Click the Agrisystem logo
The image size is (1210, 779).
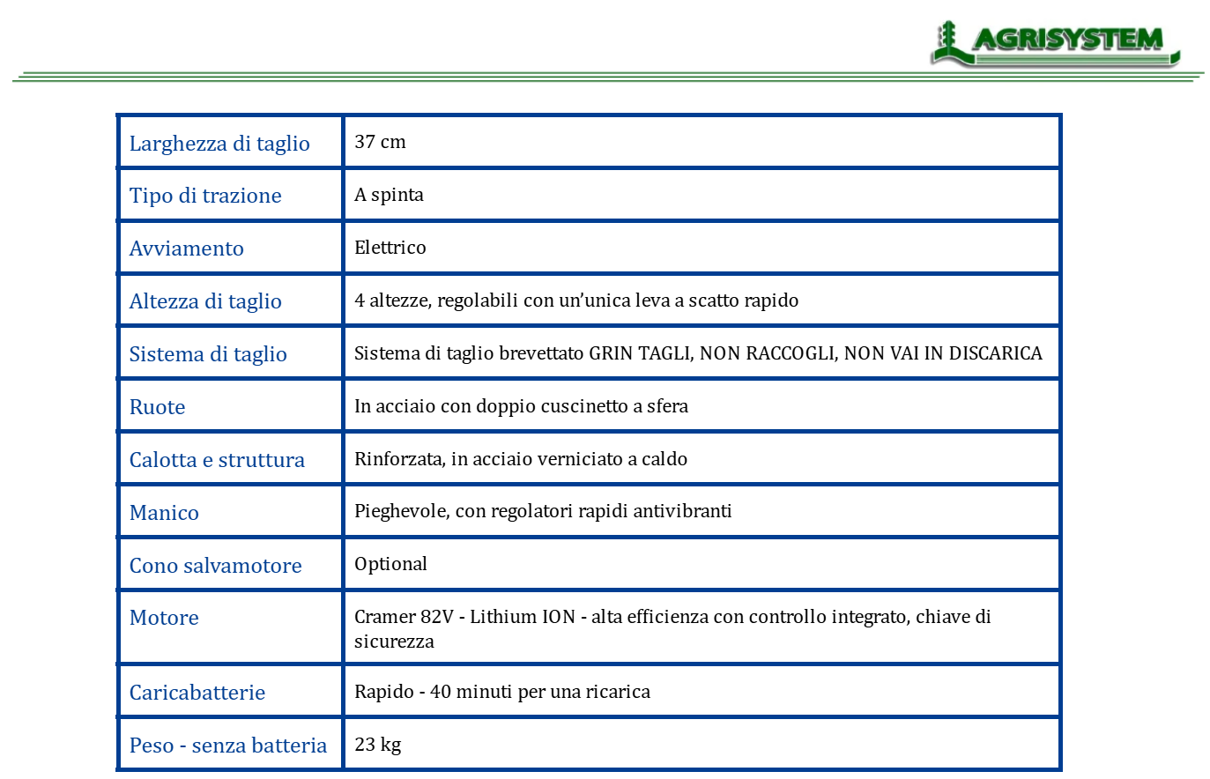click(x=1055, y=42)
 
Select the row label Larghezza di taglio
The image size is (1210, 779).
click(x=219, y=144)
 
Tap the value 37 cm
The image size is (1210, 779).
click(x=380, y=142)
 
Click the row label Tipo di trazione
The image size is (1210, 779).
click(x=205, y=196)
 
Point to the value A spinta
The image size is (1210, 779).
click(x=389, y=195)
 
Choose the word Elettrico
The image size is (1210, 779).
click(x=390, y=248)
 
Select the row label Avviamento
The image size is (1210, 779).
click(x=186, y=249)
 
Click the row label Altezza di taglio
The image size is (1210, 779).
click(x=205, y=301)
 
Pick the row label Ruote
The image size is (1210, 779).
click(x=157, y=407)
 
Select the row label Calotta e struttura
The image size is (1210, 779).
click(x=217, y=460)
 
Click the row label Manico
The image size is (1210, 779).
click(x=164, y=513)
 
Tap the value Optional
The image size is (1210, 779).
click(x=390, y=564)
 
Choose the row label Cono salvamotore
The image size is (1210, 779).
click(x=215, y=566)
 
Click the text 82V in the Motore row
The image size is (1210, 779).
click(x=436, y=617)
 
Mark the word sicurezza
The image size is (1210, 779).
click(x=394, y=642)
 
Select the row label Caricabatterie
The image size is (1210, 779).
click(x=197, y=693)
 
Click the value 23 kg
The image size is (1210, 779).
click(x=377, y=745)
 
